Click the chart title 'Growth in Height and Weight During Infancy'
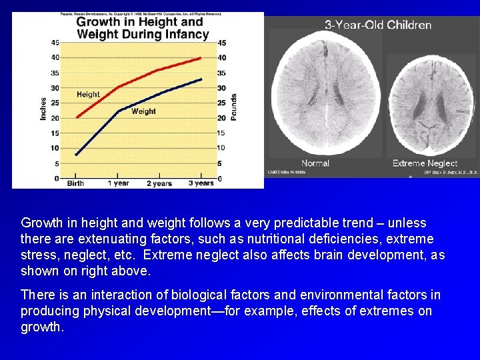(x=142, y=27)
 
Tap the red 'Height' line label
(x=88, y=95)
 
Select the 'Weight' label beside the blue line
(x=143, y=111)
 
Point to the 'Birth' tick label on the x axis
(x=75, y=183)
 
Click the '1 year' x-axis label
(x=118, y=183)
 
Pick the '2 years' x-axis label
(x=159, y=183)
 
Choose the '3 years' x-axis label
(x=201, y=183)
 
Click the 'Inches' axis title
(x=44, y=109)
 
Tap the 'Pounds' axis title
(x=234, y=107)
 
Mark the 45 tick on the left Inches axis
(x=55, y=42)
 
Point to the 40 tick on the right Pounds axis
(x=221, y=57)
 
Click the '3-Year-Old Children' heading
(x=378, y=25)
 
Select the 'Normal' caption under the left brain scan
(x=315, y=163)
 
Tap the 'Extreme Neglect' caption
(x=425, y=163)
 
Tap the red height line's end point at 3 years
(x=201, y=58)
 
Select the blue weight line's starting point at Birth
(x=76, y=155)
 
